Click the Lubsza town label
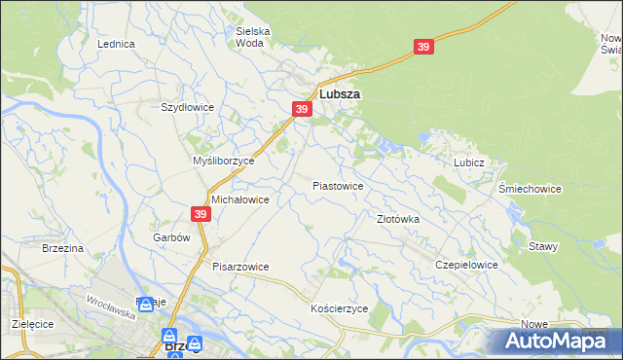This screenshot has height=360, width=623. point(340,94)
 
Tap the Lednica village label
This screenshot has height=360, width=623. point(115,45)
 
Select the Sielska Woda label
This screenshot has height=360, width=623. point(252,37)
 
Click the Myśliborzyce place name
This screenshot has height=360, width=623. point(224,161)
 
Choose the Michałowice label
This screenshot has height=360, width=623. point(239,198)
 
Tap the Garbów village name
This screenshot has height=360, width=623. point(169,237)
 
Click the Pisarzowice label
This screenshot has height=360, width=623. point(240,266)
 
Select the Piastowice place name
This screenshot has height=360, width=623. point(338,185)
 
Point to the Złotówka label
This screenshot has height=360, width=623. point(398,220)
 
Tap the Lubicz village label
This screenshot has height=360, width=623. point(468,163)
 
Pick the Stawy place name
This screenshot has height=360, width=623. point(543,246)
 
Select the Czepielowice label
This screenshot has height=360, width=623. point(467,265)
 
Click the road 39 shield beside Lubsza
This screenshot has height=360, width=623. point(301,110)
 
